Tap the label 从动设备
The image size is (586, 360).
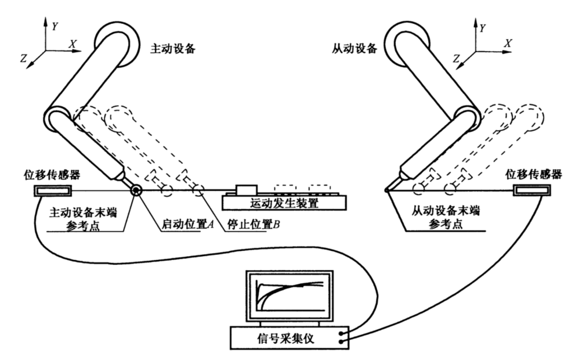(358, 49)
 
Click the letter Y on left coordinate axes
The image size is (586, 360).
(55, 26)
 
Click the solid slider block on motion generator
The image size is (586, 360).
(247, 190)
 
